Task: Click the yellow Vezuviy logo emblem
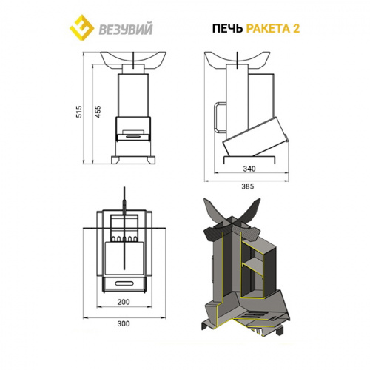pyautogui.click(x=81, y=27)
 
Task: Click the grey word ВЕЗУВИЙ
pyautogui.click(x=126, y=29)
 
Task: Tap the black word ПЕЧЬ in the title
pyautogui.click(x=227, y=29)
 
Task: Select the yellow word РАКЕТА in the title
pyautogui.click(x=268, y=29)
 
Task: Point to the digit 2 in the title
pyautogui.click(x=296, y=29)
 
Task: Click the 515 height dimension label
pyautogui.click(x=79, y=112)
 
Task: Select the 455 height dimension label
pyautogui.click(x=98, y=112)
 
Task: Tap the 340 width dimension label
pyautogui.click(x=249, y=169)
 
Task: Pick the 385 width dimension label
pyautogui.click(x=247, y=186)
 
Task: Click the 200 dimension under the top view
pyautogui.click(x=124, y=302)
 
